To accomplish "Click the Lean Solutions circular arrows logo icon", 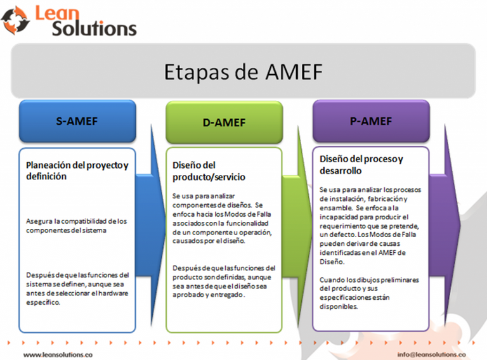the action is click(x=15, y=20).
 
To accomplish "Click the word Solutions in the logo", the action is click(x=94, y=29).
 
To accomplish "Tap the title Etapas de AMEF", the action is click(x=243, y=72).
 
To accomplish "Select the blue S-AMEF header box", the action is click(x=77, y=121).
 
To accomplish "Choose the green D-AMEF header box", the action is click(x=224, y=122).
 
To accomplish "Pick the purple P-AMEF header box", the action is click(x=371, y=121).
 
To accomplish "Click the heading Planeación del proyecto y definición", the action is click(x=77, y=170).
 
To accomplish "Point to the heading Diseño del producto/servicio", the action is click(x=209, y=171).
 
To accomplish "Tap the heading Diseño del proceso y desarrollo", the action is click(x=361, y=165).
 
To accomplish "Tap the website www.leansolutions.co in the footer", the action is click(x=58, y=354).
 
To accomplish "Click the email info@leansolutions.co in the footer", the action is click(x=431, y=354).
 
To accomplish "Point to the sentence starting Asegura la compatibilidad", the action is click(x=76, y=226).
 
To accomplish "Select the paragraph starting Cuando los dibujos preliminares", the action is click(x=369, y=293).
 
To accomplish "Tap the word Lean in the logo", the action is click(x=57, y=13).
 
